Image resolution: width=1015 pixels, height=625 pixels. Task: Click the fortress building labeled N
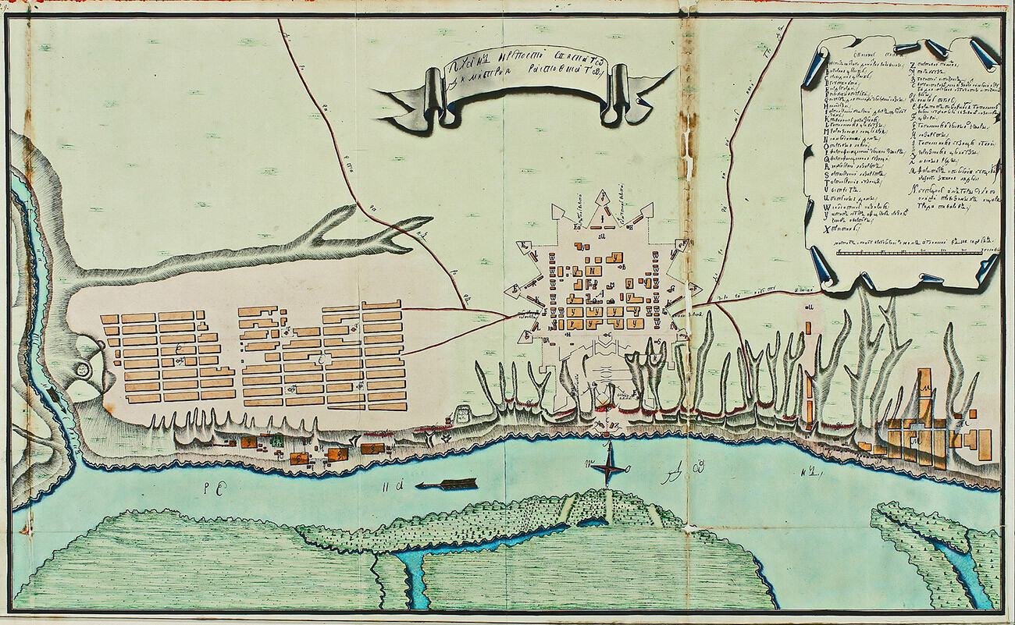click(x=595, y=271)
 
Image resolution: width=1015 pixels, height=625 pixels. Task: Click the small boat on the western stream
click(x=52, y=395)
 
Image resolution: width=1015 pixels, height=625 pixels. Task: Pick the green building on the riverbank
click(x=276, y=443)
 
